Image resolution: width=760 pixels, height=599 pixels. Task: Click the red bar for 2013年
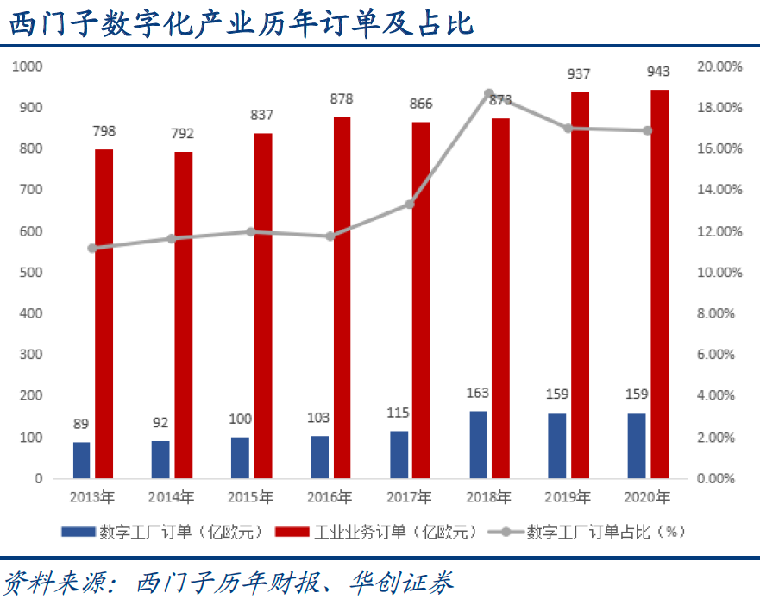click(104, 313)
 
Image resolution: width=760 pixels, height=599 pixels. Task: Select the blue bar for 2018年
click(478, 445)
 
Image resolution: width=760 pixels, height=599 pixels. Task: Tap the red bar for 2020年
click(659, 284)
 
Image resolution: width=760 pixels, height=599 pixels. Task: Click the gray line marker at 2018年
click(488, 93)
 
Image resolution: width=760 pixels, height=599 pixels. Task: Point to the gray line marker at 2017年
click(410, 205)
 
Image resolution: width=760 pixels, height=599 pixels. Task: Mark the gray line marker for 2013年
click(93, 249)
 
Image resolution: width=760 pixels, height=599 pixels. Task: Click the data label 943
click(658, 71)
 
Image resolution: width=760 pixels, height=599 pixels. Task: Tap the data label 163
click(477, 393)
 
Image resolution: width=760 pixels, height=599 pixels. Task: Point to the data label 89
click(81, 424)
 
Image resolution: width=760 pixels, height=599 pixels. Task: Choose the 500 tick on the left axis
click(32, 273)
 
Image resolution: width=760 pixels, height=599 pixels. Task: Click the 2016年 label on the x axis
click(330, 498)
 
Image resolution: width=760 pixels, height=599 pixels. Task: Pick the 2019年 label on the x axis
click(568, 498)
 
